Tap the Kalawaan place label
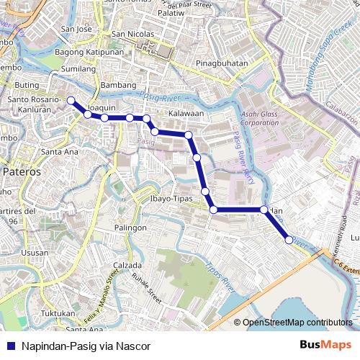pyautogui.click(x=186, y=114)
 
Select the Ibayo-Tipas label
pyautogui.click(x=170, y=197)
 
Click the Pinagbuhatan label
pyautogui.click(x=222, y=63)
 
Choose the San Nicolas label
pyautogui.click(x=132, y=34)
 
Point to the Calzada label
pyautogui.click(x=127, y=265)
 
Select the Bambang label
pyautogui.click(x=118, y=85)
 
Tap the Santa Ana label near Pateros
pyautogui.click(x=60, y=152)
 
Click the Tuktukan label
pyautogui.click(x=58, y=313)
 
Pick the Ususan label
pyautogui.click(x=35, y=253)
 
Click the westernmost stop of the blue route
pyautogui.click(x=71, y=101)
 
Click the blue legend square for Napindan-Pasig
pyautogui.click(x=11, y=346)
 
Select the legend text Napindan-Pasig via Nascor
pyautogui.click(x=86, y=346)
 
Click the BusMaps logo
pyautogui.click(x=326, y=346)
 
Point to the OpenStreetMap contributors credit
pyautogui.click(x=297, y=323)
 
